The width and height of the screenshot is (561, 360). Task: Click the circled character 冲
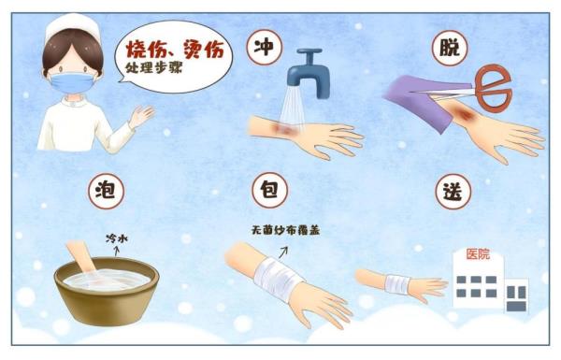tap(265, 50)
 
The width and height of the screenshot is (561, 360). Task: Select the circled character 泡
tap(104, 190)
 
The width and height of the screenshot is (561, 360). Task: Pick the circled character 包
tap(265, 190)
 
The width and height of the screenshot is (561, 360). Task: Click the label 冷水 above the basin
tap(116, 239)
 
